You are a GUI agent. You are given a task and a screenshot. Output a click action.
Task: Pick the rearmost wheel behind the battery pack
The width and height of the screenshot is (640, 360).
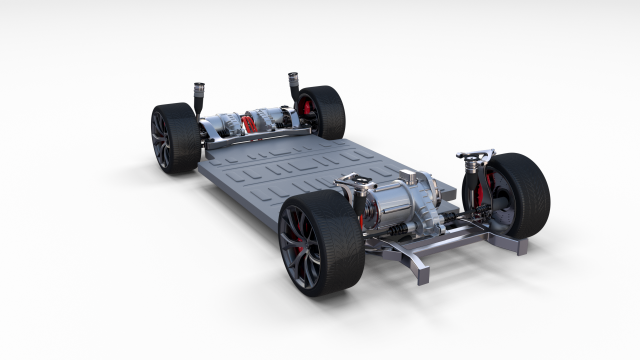pos(322,111)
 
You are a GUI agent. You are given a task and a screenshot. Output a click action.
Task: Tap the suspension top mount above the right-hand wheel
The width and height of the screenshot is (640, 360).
pos(474,156)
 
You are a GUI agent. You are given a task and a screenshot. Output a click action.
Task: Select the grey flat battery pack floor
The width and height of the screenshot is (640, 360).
pos(270,175)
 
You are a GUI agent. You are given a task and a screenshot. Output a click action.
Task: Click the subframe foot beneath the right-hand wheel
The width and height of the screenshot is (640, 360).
pos(514,246)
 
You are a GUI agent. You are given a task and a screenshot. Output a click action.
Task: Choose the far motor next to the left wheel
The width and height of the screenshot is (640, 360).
pos(220,126)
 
